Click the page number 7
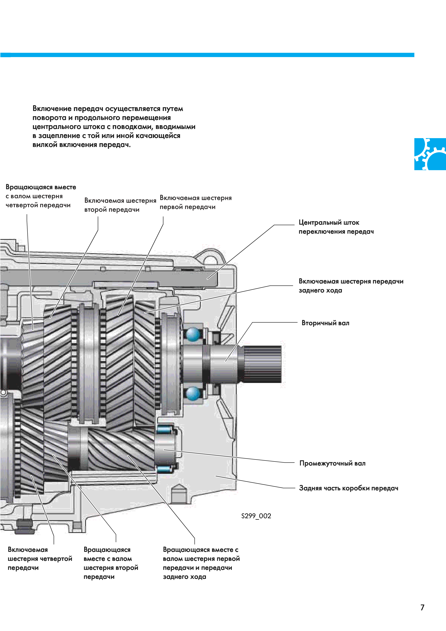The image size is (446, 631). tap(422, 607)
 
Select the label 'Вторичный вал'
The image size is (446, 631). tap(325, 323)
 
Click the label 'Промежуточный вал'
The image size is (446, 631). tap(332, 463)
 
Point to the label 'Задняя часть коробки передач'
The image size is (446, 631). tap(349, 488)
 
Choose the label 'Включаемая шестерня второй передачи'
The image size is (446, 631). tap(120, 205)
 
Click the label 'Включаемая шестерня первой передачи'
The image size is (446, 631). tap(195, 202)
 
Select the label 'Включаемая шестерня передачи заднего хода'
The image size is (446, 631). tap(351, 286)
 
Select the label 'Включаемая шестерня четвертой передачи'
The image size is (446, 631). tap(40, 559)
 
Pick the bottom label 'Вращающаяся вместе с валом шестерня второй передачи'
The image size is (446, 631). tap(111, 563)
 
